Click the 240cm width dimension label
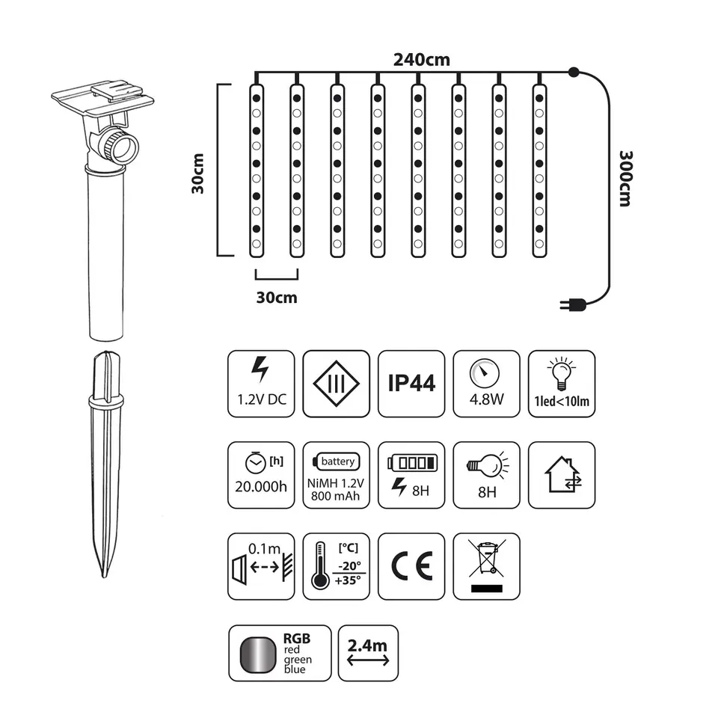(x=421, y=60)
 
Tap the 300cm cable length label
(x=625, y=179)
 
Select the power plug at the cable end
(x=573, y=304)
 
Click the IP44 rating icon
(x=411, y=384)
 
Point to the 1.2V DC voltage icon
(x=261, y=384)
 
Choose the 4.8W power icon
(x=486, y=384)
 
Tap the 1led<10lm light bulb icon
(x=562, y=384)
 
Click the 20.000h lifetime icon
(x=261, y=475)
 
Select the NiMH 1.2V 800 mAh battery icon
(x=336, y=475)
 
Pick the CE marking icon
(x=411, y=566)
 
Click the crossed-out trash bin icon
(x=486, y=566)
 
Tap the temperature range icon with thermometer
(x=336, y=566)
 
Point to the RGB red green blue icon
(x=280, y=653)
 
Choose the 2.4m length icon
(x=368, y=653)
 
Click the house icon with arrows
(x=562, y=475)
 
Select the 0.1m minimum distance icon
(x=261, y=566)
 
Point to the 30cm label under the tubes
(x=277, y=298)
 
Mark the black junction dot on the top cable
(x=574, y=72)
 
